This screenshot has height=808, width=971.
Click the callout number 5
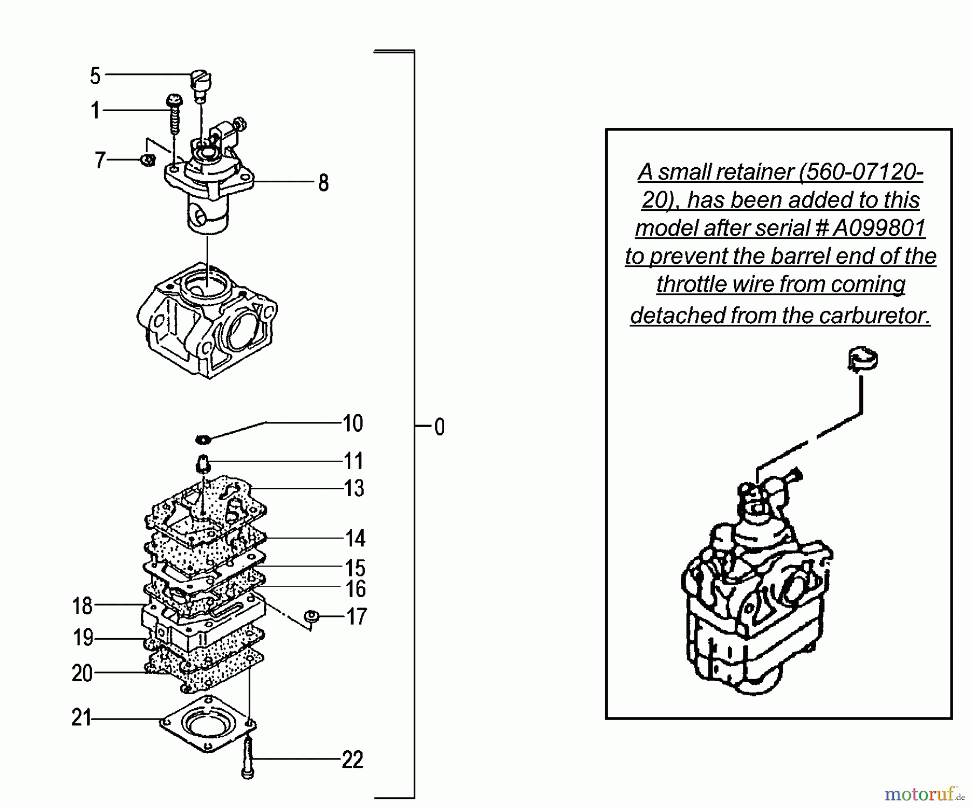(x=95, y=76)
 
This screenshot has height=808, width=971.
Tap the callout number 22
(x=352, y=760)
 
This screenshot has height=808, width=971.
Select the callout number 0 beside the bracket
(x=439, y=427)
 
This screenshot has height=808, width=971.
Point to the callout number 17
(x=356, y=617)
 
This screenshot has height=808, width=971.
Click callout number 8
(x=323, y=183)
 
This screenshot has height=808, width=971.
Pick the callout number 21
(x=81, y=718)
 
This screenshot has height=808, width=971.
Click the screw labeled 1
(x=174, y=113)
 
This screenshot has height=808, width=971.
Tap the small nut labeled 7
(x=148, y=160)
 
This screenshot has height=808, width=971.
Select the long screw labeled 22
(x=247, y=758)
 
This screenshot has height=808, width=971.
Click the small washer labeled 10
(x=203, y=440)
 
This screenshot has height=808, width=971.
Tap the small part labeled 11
(x=202, y=463)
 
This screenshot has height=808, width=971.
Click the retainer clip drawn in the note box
(x=863, y=360)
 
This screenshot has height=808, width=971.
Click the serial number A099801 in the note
(x=879, y=228)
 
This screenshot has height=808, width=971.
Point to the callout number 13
(x=354, y=489)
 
